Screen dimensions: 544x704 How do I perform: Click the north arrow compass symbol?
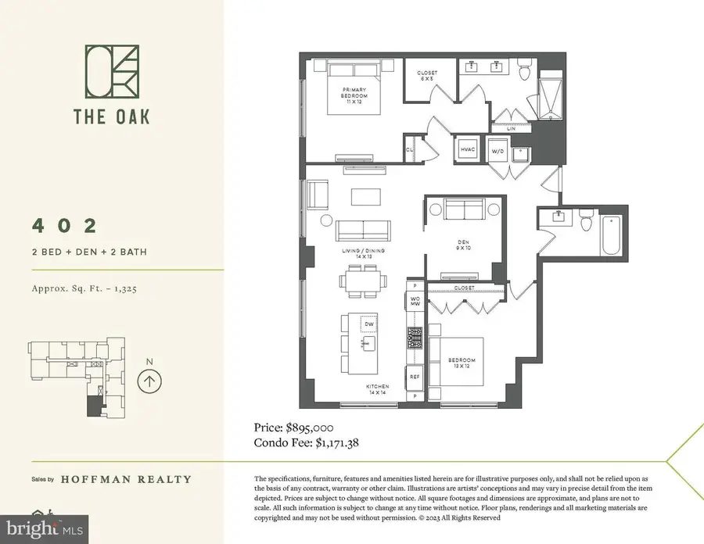149,381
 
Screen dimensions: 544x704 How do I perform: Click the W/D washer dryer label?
497,149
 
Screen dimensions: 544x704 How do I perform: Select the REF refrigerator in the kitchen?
415,377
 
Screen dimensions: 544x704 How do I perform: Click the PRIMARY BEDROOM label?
354,95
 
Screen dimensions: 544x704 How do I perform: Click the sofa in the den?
462,209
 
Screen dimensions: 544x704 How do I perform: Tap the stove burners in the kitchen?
414,338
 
